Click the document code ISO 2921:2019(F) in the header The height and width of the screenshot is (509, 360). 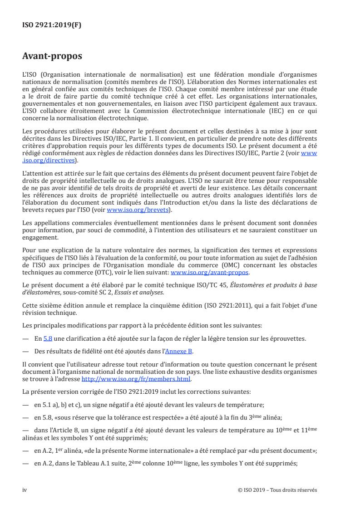pyautogui.click(x=51, y=25)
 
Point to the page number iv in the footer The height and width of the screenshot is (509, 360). pyautogui.click(x=25, y=490)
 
